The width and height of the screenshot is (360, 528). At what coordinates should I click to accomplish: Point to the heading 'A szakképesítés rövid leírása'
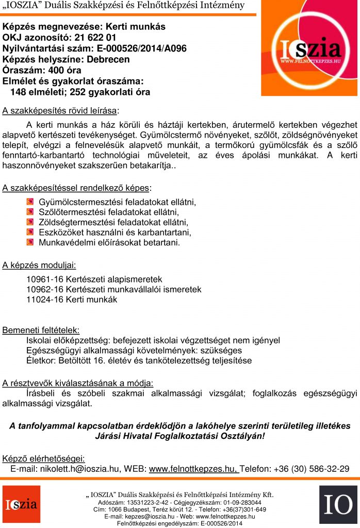point(60,110)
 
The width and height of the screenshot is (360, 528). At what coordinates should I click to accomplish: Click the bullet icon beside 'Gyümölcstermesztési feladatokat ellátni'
point(30,202)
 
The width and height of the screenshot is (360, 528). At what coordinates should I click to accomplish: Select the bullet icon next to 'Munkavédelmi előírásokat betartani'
point(30,242)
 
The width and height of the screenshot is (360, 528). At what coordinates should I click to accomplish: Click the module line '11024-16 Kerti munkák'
point(72,300)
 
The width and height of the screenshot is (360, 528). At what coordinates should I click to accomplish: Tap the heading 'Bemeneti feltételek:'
point(41,330)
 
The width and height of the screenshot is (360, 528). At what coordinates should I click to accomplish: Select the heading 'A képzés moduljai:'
point(39,266)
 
